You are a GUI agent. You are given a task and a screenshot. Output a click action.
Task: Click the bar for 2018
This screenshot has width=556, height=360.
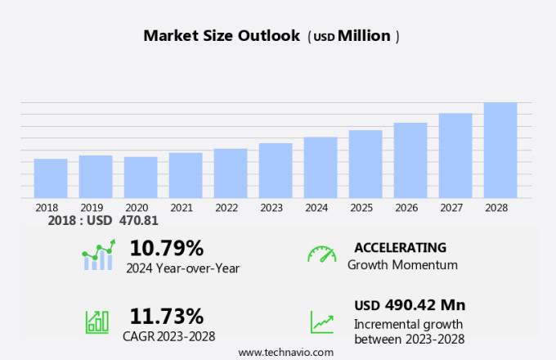point(51,178)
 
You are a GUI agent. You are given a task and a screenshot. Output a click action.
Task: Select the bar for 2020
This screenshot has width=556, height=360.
point(141,178)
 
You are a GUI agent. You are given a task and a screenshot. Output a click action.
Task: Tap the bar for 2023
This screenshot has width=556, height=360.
point(276,170)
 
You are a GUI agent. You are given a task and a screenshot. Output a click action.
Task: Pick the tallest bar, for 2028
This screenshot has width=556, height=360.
point(500,151)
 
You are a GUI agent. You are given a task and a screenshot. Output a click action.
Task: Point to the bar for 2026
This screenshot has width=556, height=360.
point(410,160)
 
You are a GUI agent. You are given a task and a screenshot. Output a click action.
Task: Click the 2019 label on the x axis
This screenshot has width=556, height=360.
point(92,208)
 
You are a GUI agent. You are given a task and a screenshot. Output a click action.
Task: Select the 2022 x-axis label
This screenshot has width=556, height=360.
point(226,208)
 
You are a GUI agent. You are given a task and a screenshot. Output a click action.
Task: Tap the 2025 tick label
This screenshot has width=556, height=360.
point(361,208)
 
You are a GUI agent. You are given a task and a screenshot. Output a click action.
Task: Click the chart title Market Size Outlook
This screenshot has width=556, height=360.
point(222,36)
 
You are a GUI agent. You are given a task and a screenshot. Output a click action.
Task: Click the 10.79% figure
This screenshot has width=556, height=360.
point(167,247)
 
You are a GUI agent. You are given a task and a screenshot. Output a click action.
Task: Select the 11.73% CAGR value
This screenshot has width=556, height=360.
point(167,316)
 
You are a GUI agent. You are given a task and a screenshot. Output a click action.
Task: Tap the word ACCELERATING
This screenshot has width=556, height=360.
point(400,247)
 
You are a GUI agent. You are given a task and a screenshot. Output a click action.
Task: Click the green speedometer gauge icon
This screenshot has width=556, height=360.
point(321,254)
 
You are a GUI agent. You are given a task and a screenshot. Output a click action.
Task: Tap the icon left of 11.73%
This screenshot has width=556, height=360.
point(97,322)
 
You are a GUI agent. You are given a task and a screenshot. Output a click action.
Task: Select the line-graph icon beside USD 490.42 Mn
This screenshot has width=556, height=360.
point(321,322)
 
